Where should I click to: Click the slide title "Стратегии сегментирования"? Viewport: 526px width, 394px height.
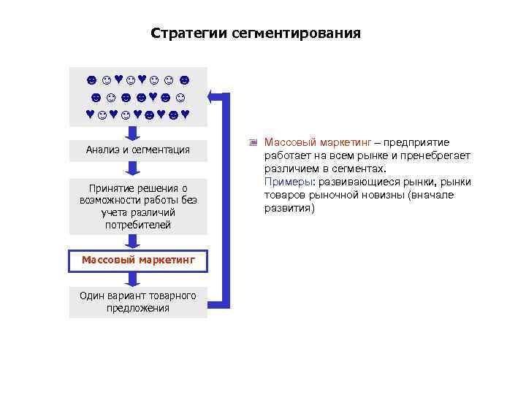click(x=255, y=34)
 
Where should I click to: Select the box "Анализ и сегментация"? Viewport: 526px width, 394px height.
click(x=137, y=150)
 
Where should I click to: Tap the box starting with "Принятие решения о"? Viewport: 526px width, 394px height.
click(x=137, y=206)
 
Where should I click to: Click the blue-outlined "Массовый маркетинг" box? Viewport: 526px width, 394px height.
click(x=138, y=260)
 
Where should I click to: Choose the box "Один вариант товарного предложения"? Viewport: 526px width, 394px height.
click(x=137, y=302)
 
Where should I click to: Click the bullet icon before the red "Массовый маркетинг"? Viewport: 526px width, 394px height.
click(x=254, y=143)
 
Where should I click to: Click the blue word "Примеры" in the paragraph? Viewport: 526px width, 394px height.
click(x=283, y=182)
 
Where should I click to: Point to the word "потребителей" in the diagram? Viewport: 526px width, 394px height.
click(x=137, y=225)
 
